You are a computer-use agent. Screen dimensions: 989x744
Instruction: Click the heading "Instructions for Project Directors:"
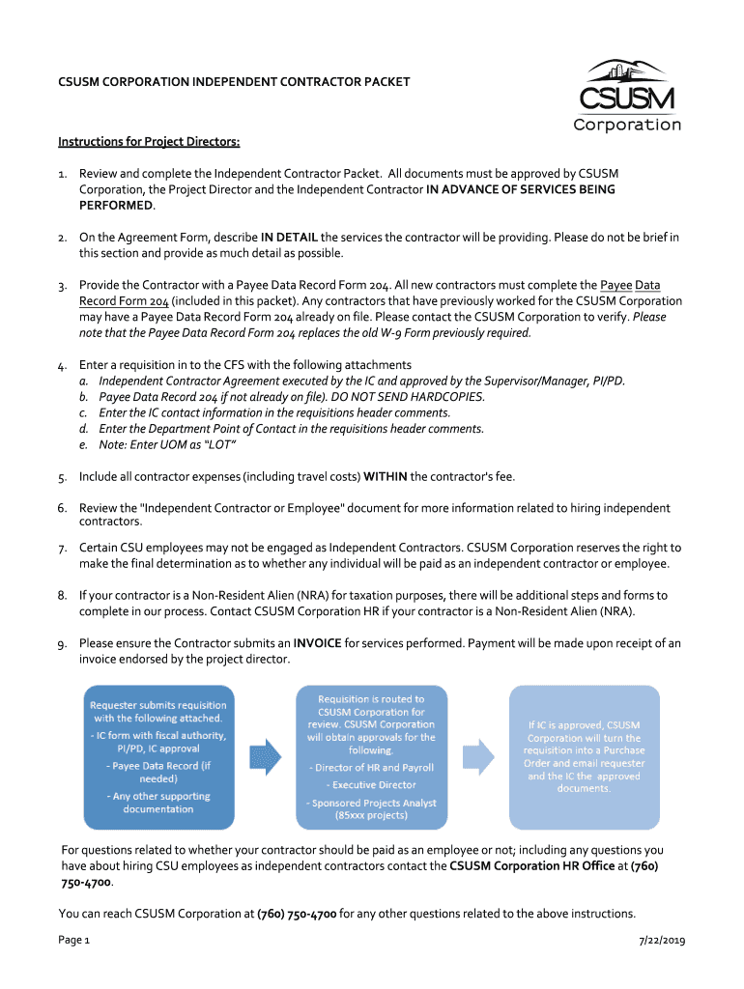coord(149,142)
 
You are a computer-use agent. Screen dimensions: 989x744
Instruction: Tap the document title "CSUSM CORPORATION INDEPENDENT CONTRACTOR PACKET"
coord(235,82)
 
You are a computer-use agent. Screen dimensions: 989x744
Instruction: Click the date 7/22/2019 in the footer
coord(662,941)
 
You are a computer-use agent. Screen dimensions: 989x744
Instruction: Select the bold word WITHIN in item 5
coord(385,477)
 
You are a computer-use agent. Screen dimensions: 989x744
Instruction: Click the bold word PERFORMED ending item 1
coord(116,206)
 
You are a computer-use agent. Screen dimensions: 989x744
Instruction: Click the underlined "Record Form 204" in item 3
coord(125,300)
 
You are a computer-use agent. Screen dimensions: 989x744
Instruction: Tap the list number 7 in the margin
coord(62,548)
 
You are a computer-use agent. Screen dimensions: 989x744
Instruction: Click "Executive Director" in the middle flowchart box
coord(372,785)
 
